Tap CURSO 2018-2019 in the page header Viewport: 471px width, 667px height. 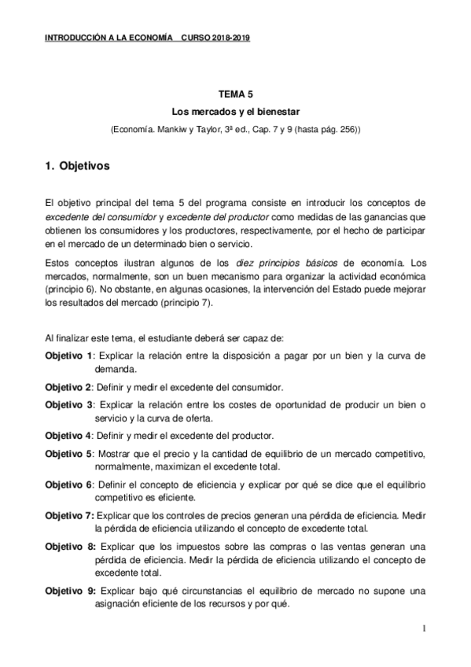[215, 38]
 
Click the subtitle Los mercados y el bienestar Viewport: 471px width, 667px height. [234, 112]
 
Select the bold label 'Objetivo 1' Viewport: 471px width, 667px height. [69, 356]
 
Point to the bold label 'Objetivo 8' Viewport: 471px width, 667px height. [69, 547]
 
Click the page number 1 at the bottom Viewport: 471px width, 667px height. [424, 628]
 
